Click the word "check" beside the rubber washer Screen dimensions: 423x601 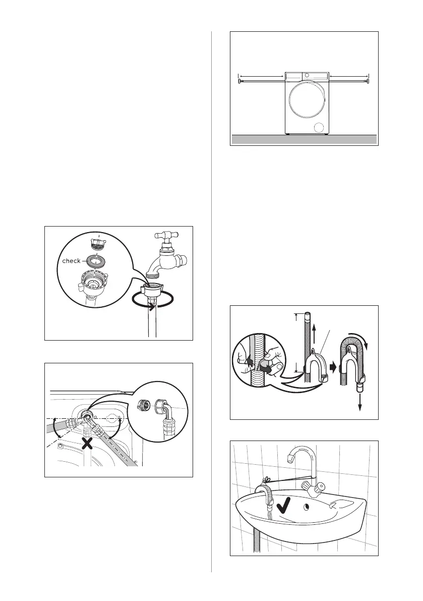[x=71, y=261]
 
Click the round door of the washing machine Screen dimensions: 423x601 [x=307, y=100]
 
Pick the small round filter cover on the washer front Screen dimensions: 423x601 [x=319, y=128]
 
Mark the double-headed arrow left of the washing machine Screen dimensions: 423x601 [x=260, y=76]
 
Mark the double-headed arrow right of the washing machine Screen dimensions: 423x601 [x=349, y=76]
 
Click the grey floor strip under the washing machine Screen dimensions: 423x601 [x=304, y=139]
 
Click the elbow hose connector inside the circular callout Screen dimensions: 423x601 [x=166, y=416]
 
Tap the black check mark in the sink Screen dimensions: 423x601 [x=283, y=506]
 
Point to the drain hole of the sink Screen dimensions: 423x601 [x=306, y=508]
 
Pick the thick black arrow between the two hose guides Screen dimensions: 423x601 [x=333, y=367]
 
